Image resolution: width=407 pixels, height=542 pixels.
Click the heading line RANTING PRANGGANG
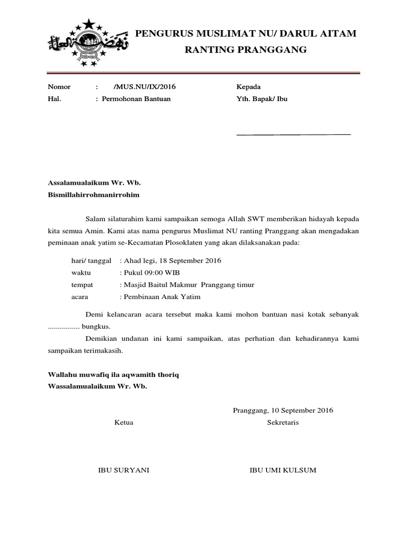coord(246,50)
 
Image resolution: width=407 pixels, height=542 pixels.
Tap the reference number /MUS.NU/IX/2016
coord(144,87)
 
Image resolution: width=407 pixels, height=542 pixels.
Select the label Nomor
coord(59,87)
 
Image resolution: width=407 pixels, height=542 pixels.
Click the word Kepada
coord(248,87)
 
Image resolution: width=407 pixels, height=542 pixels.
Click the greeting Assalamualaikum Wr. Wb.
coord(94,183)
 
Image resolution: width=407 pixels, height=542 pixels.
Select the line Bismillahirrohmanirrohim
coord(93,194)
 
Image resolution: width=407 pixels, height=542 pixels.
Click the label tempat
coord(82,285)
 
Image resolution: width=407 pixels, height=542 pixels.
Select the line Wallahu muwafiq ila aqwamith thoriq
coord(114,375)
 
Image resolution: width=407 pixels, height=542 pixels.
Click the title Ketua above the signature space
coord(124,422)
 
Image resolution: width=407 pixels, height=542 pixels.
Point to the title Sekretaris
coord(283,422)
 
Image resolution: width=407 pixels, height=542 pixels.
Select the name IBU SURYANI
coord(125,470)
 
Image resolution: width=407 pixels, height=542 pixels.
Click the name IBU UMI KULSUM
coord(283,470)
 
